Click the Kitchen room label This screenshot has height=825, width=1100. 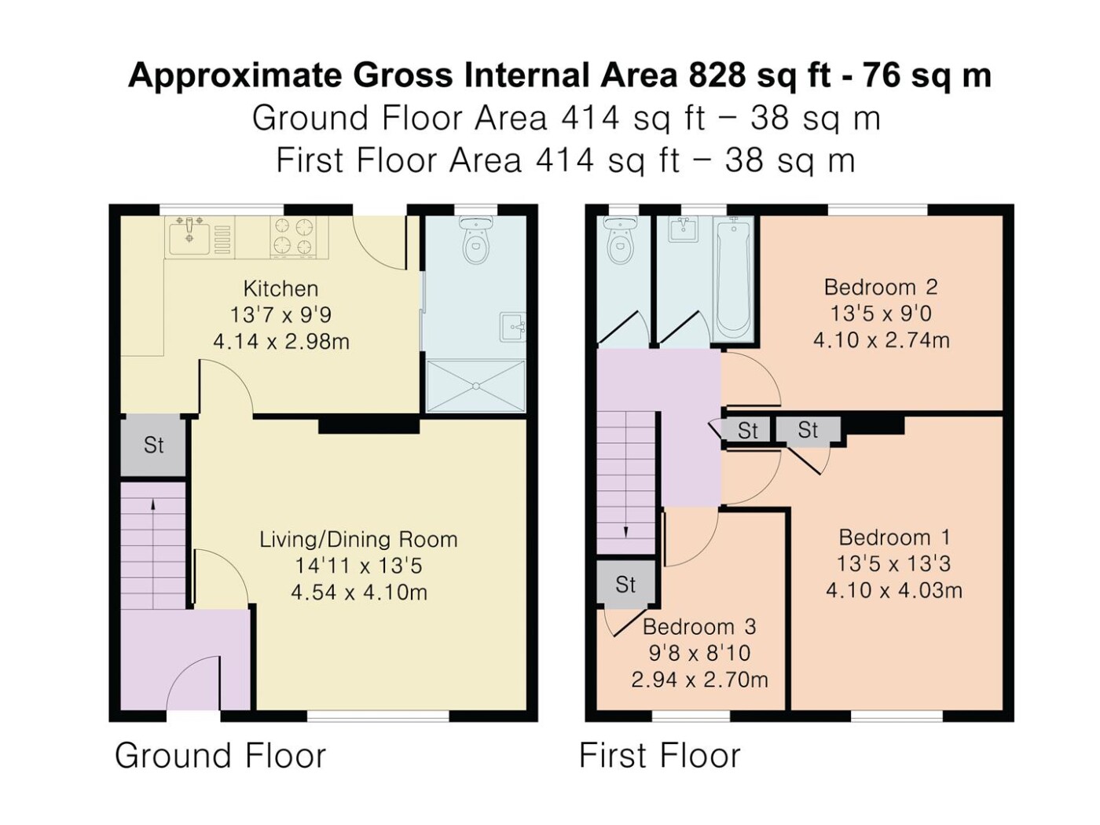(280, 288)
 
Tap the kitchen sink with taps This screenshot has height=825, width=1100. (189, 237)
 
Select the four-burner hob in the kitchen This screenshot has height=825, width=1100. (292, 237)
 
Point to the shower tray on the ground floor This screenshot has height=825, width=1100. (475, 386)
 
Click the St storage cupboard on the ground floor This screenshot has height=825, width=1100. (153, 445)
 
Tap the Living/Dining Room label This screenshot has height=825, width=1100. (359, 540)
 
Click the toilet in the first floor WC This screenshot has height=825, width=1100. (621, 240)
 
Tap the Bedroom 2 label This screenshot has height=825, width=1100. (881, 287)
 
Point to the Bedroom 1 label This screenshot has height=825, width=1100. (894, 537)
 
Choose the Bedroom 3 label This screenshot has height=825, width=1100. (699, 627)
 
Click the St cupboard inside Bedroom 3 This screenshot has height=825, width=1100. (625, 584)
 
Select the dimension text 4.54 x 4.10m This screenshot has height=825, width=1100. (359, 592)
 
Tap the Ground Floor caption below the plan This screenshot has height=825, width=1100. (221, 756)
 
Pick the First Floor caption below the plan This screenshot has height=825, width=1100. (660, 756)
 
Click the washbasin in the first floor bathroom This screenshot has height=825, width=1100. (684, 229)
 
